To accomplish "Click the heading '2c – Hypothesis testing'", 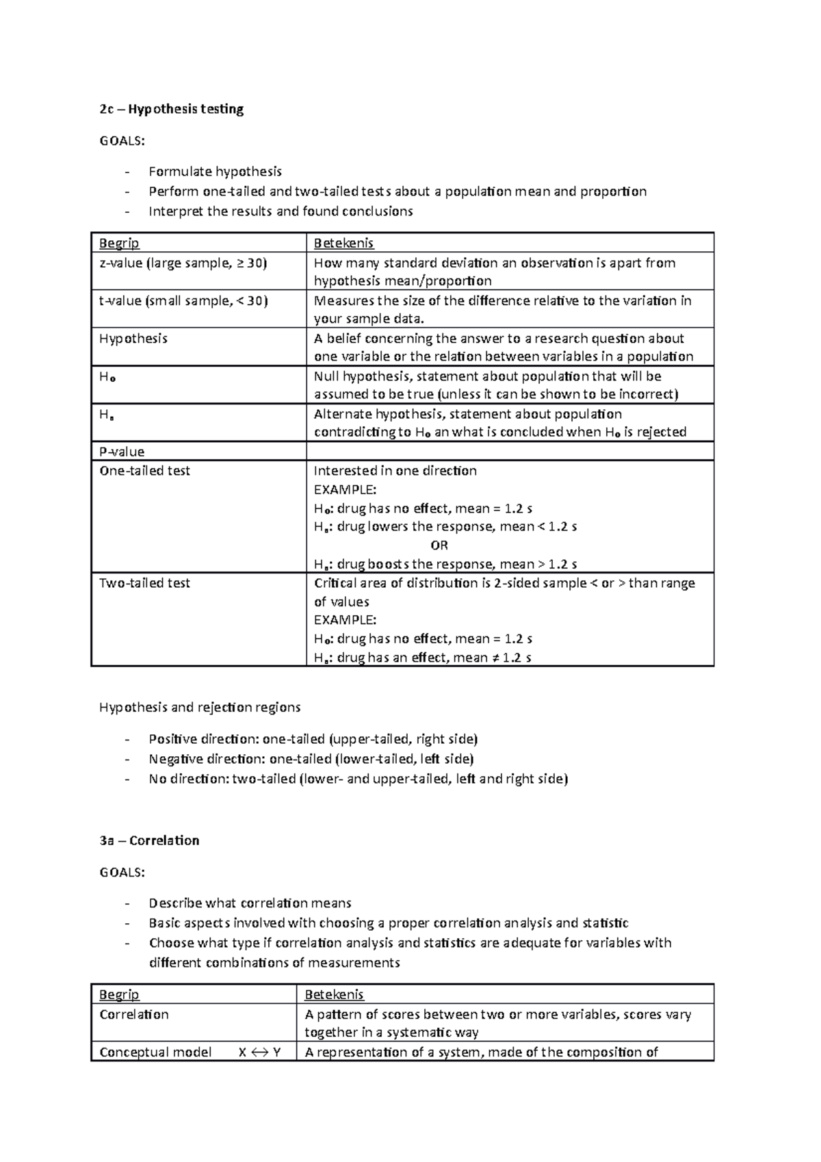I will click(x=171, y=109).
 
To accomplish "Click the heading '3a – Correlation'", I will click(x=149, y=840).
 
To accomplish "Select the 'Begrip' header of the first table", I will click(x=119, y=243).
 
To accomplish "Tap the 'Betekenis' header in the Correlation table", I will click(x=334, y=994).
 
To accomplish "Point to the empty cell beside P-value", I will click(x=510, y=451).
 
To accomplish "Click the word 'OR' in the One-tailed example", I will click(x=439, y=545).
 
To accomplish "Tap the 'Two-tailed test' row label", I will click(x=144, y=583).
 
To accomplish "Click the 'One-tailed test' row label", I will click(x=144, y=471).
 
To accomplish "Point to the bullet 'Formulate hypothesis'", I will click(x=215, y=171).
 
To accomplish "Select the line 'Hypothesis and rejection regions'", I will click(x=200, y=707).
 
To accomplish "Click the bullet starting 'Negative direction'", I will click(x=311, y=759).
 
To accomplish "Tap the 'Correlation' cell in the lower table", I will click(x=134, y=1014).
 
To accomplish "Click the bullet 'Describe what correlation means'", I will click(x=250, y=903).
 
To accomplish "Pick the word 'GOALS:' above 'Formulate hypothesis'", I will click(x=122, y=141).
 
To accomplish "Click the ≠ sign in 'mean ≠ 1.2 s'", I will click(x=496, y=658).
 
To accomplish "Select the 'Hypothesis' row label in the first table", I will click(x=133, y=339).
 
